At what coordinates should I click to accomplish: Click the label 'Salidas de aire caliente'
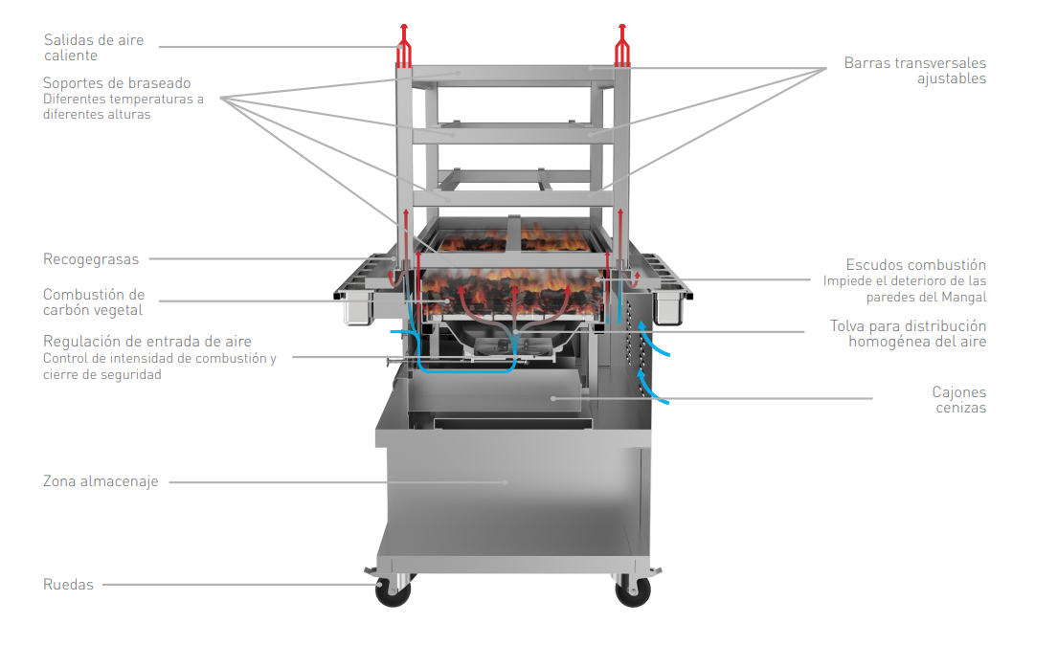coord(94,48)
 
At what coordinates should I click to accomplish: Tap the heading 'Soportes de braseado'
coord(117,83)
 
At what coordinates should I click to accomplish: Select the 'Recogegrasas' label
coord(91,259)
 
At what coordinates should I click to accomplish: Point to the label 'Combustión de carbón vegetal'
coord(94,302)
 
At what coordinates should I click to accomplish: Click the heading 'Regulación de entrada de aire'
coord(147,342)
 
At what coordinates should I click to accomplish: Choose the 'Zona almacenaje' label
coord(101,481)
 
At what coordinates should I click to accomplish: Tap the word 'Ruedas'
coord(68,585)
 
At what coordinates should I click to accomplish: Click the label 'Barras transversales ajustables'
coord(915,71)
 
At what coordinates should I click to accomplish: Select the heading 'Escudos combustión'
coord(915,264)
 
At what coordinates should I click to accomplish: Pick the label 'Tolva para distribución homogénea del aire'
coord(909,334)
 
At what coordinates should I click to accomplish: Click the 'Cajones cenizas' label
coord(958,400)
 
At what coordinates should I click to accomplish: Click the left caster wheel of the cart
coord(393,591)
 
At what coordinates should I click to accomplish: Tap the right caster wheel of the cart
coord(633,591)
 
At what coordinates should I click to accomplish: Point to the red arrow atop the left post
coord(403,45)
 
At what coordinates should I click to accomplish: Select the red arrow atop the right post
coord(622,45)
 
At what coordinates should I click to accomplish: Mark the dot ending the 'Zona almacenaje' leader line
coord(506,482)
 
